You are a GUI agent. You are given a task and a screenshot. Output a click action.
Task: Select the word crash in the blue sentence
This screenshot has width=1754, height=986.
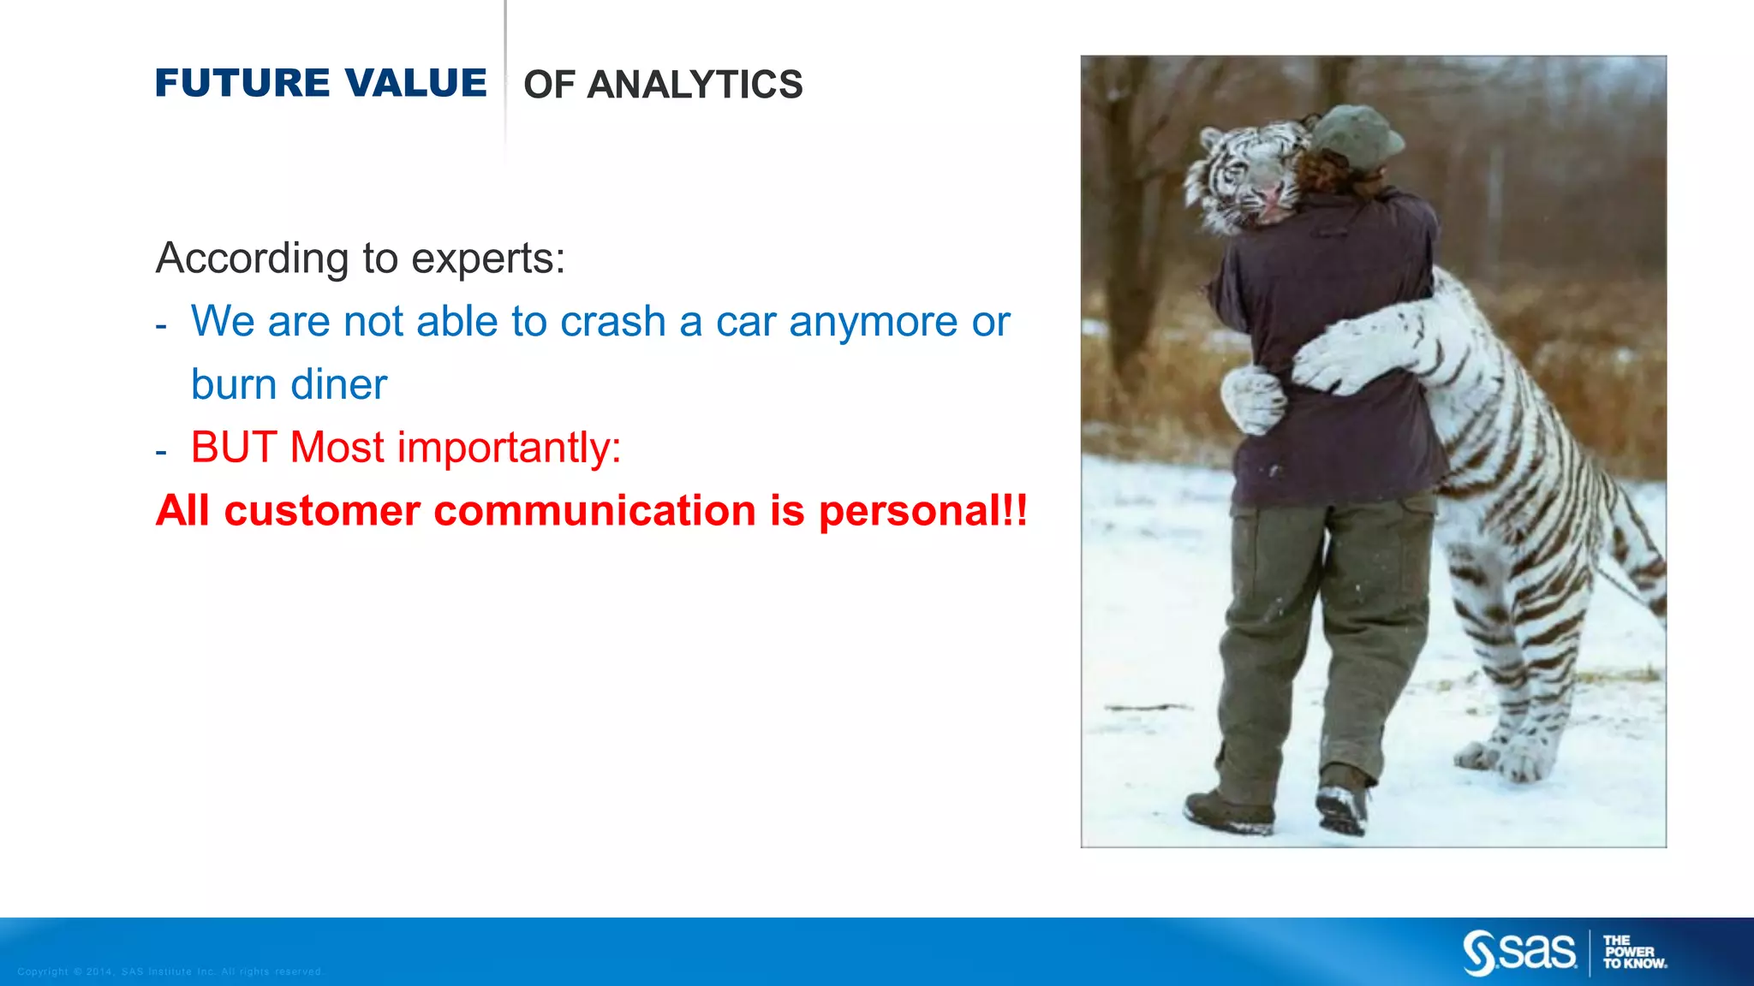click(x=612, y=322)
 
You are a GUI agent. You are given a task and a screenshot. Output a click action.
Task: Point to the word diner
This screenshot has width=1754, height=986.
click(x=340, y=384)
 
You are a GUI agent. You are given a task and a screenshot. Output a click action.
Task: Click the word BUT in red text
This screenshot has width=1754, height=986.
click(x=233, y=448)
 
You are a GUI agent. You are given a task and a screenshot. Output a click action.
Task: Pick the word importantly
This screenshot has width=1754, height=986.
click(x=509, y=448)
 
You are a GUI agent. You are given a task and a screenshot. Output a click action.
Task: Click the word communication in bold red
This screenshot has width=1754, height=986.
click(x=597, y=511)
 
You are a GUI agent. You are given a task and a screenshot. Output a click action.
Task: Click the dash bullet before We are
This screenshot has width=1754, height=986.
click(x=161, y=326)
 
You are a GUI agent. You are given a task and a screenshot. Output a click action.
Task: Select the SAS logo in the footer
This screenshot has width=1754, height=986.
click(x=1518, y=952)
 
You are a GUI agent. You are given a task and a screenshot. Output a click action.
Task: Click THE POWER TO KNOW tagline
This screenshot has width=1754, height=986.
click(x=1634, y=952)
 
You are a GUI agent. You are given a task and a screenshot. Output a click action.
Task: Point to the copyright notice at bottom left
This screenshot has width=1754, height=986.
click(x=170, y=971)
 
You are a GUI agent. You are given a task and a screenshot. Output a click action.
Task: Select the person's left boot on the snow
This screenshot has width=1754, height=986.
click(x=1229, y=811)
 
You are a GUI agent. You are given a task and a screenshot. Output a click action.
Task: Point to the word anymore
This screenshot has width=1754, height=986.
click(x=873, y=322)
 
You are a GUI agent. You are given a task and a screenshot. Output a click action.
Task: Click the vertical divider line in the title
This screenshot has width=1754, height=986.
click(x=505, y=77)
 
